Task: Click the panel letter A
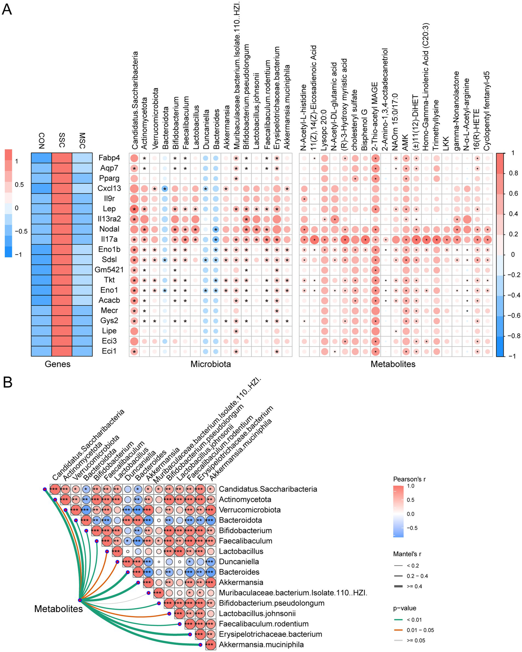[7, 9]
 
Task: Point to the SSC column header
[62, 140]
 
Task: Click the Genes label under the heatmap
[57, 365]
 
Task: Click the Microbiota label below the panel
[211, 365]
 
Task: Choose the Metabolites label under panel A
[393, 365]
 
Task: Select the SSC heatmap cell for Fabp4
[62, 158]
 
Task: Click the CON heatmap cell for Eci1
[41, 351]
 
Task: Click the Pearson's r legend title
[409, 479]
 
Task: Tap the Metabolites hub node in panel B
[80, 600]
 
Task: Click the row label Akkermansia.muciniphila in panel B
[261, 645]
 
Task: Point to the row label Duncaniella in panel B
[239, 562]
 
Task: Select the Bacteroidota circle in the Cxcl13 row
[165, 189]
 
